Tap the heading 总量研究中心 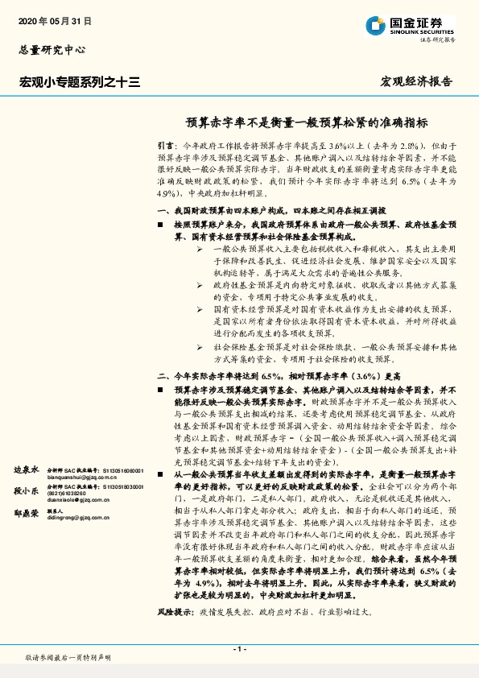click(x=52, y=50)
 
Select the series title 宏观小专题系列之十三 click(x=80, y=81)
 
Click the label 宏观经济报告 click(x=415, y=81)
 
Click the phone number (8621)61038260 click(x=67, y=492)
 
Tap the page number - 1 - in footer click(x=239, y=649)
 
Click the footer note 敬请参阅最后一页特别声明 click(x=68, y=658)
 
